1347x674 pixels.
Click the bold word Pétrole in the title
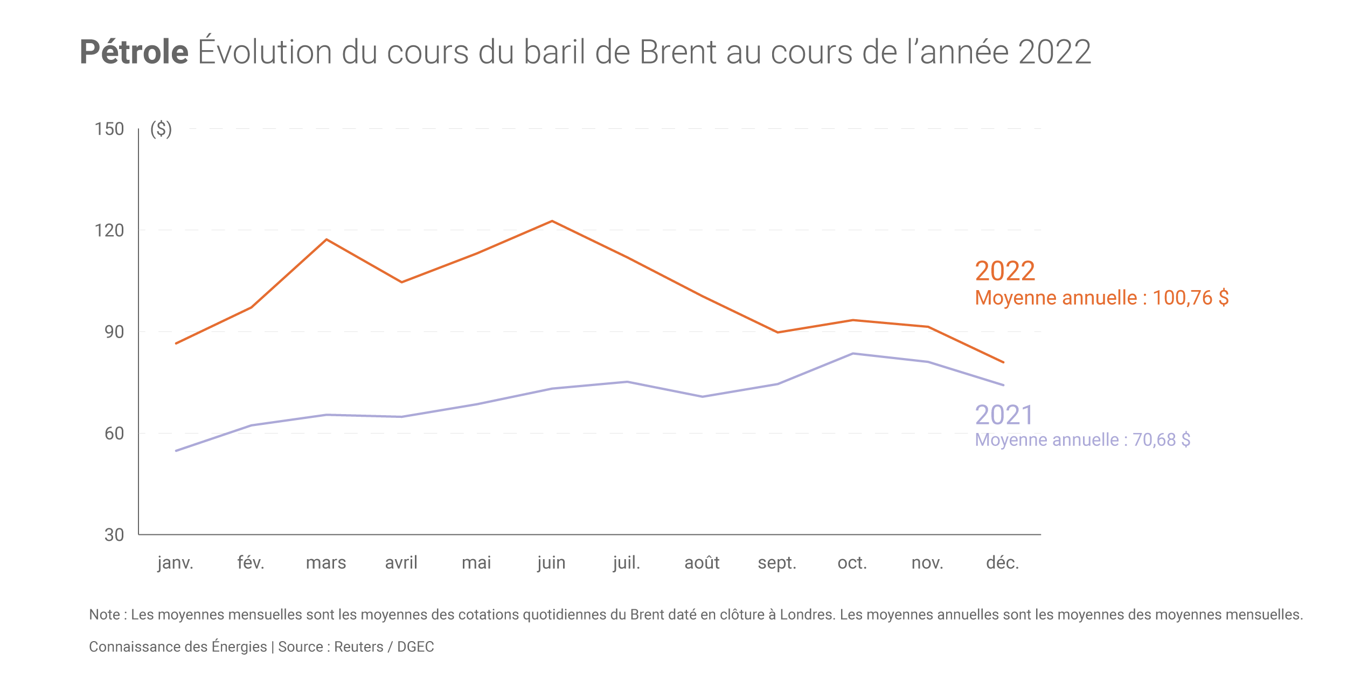(x=134, y=52)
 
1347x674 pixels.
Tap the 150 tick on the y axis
(x=109, y=129)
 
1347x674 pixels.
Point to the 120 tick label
(x=109, y=231)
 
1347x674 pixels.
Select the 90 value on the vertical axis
(x=114, y=332)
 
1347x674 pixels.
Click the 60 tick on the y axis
(x=114, y=434)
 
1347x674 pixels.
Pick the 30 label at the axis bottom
(x=114, y=535)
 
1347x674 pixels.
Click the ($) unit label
(x=161, y=129)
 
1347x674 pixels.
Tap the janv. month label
(x=176, y=563)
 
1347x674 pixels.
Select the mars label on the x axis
(x=326, y=563)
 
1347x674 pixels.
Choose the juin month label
(x=552, y=563)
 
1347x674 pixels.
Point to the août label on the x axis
(x=702, y=563)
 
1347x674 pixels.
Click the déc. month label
(x=1003, y=563)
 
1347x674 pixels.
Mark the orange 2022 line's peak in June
(x=552, y=221)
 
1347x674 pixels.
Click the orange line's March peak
(x=327, y=239)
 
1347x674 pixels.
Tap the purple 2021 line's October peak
(x=853, y=354)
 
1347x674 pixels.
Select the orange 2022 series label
(x=1005, y=271)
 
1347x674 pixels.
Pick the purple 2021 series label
(x=1004, y=415)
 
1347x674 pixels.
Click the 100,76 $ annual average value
(x=1190, y=298)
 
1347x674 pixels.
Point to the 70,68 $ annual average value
(x=1161, y=440)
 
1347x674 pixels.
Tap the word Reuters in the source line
(x=358, y=647)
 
